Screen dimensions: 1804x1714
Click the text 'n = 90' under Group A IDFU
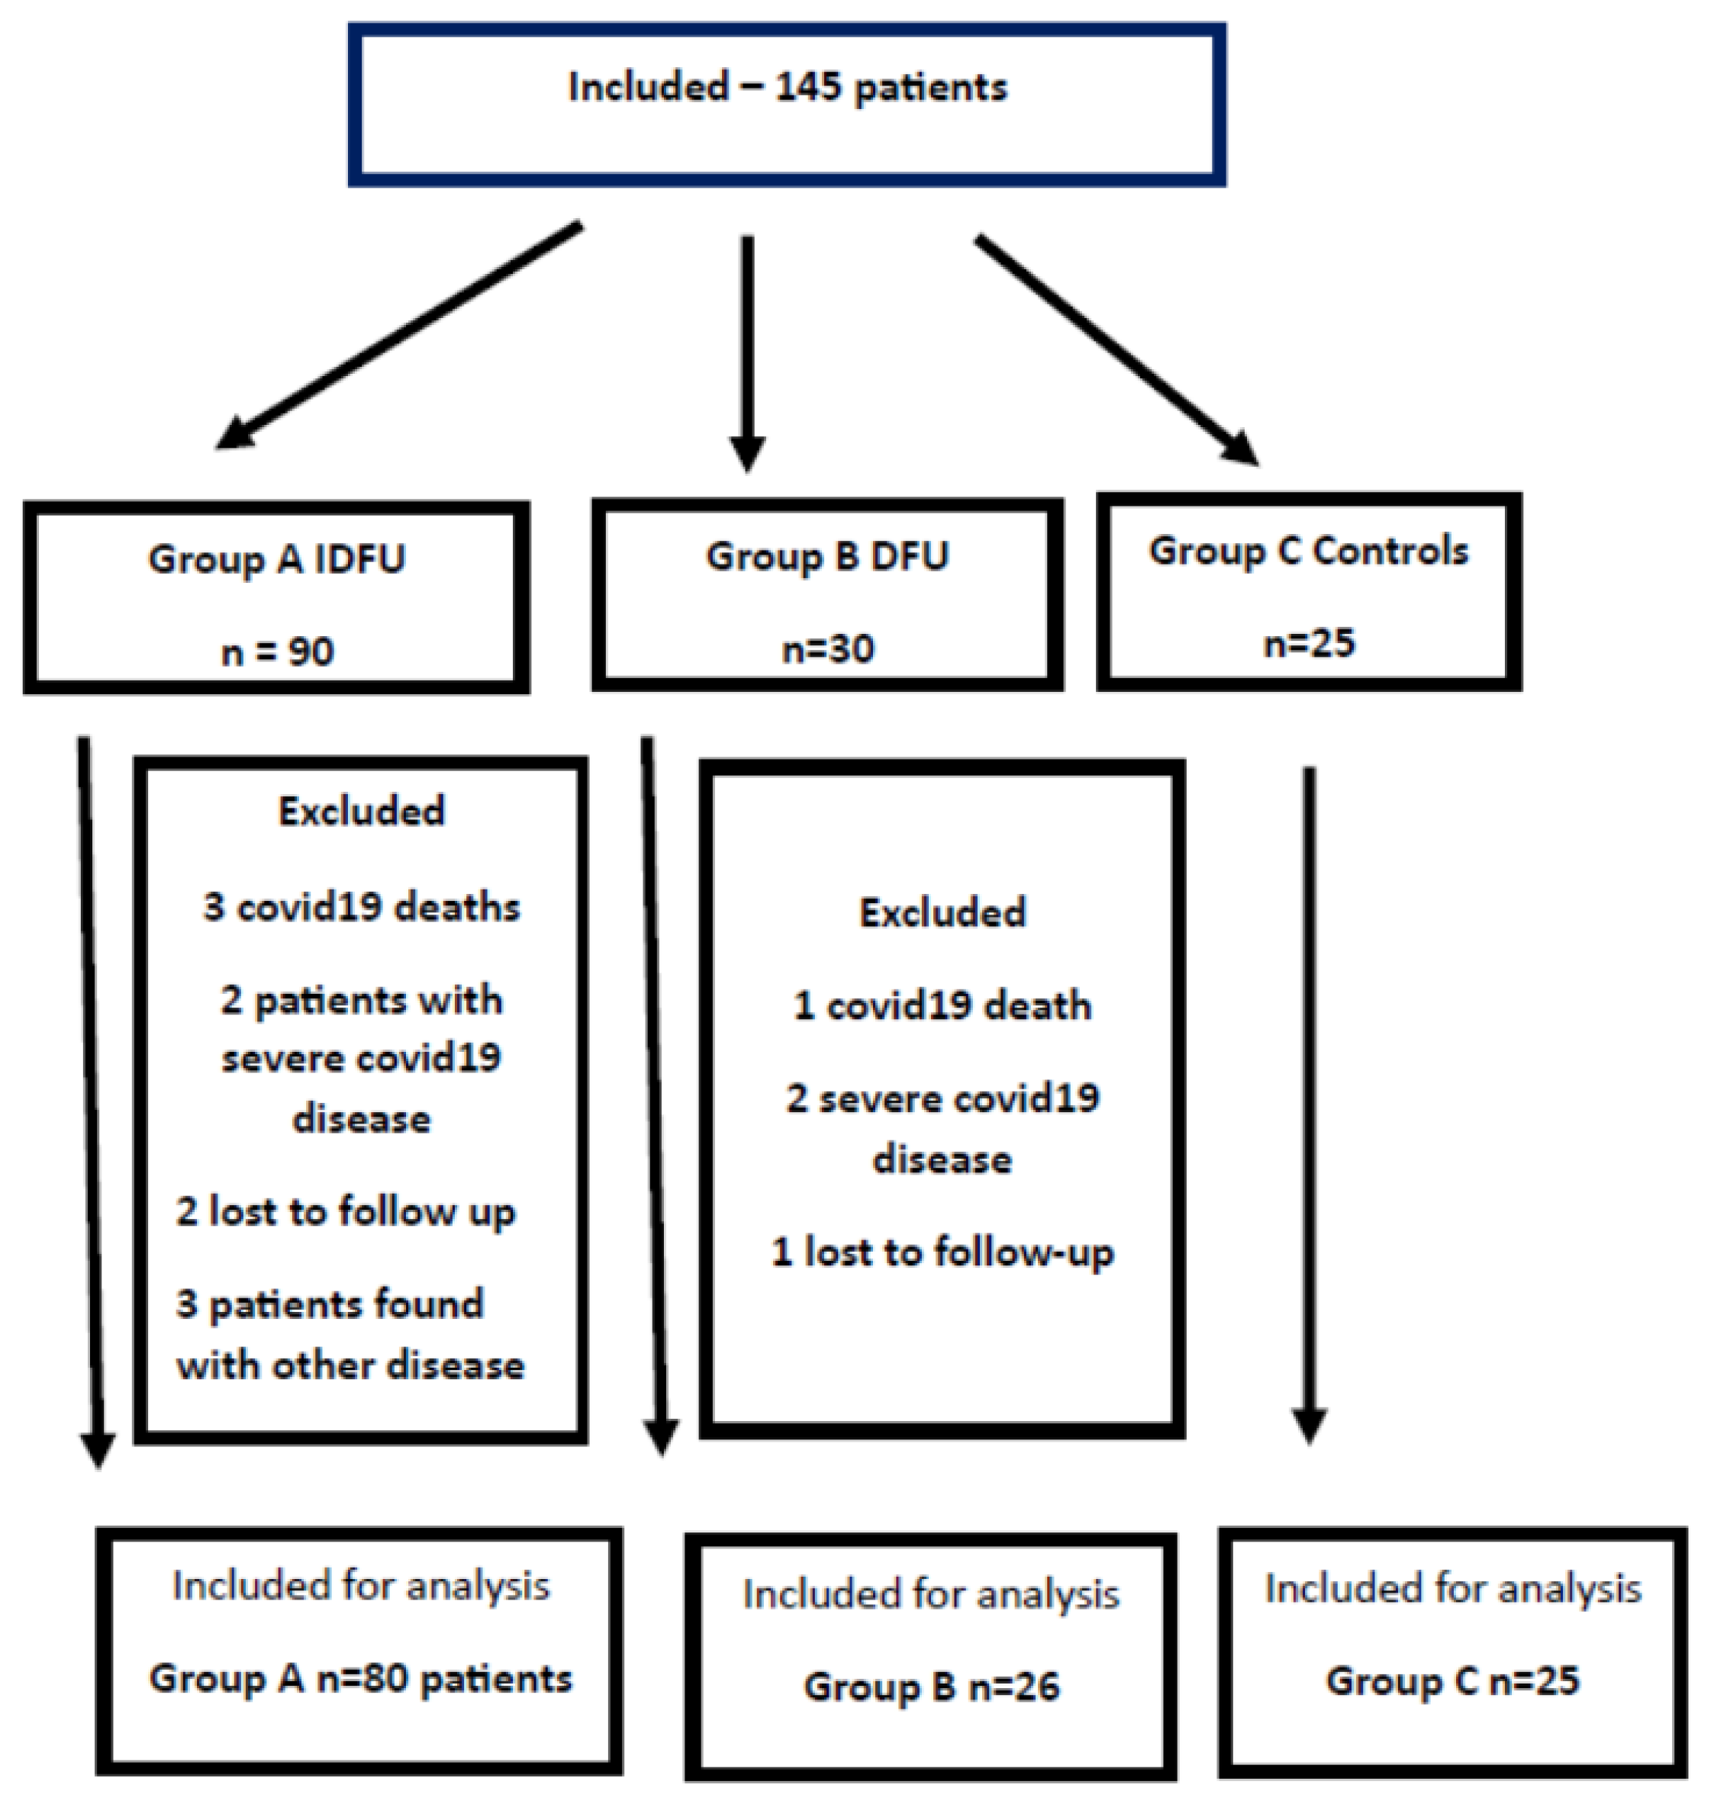click(x=277, y=652)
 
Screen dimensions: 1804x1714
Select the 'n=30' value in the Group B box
click(x=828, y=648)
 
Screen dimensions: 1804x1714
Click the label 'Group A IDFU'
click(x=277, y=559)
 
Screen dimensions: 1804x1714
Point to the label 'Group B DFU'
click(x=828, y=555)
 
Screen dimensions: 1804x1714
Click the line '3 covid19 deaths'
click(x=361, y=907)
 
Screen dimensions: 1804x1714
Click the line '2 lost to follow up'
click(x=346, y=1212)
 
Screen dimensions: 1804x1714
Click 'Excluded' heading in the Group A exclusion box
click(x=361, y=810)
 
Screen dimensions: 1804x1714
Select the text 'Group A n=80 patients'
click(x=361, y=1679)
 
